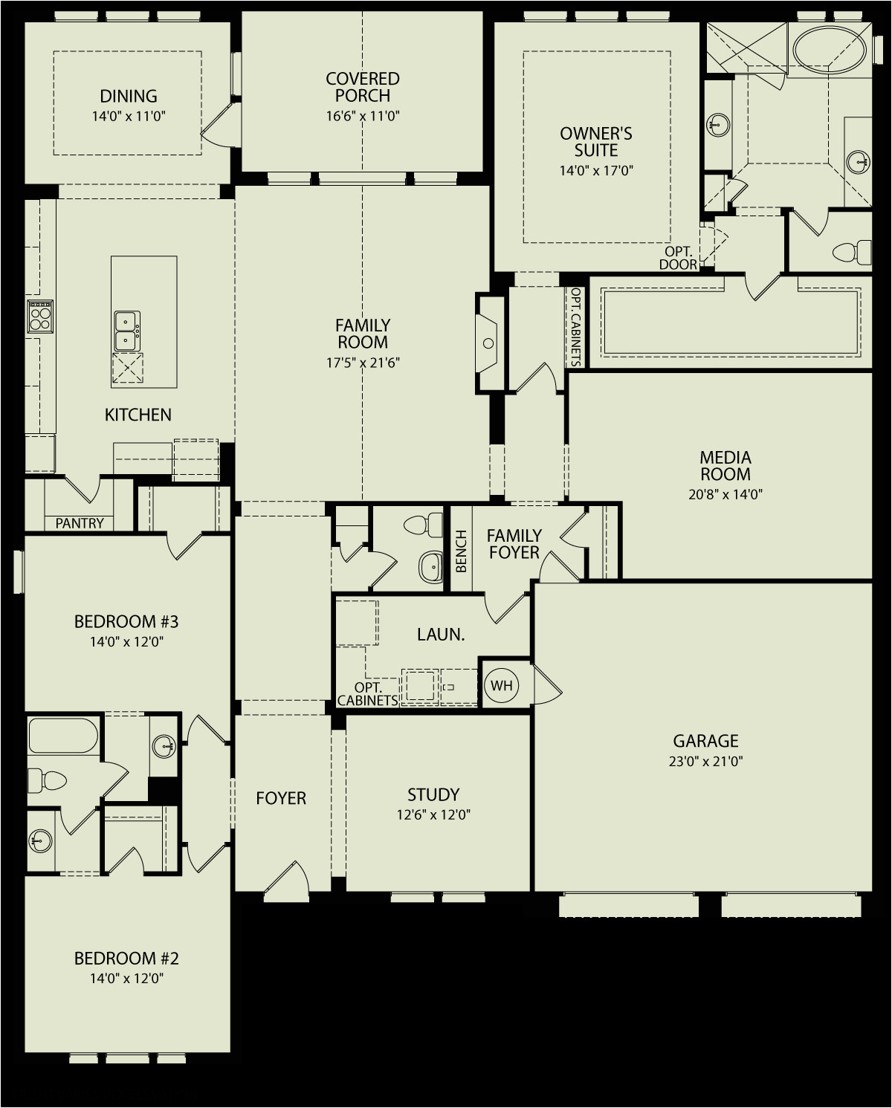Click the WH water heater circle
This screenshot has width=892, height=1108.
point(501,685)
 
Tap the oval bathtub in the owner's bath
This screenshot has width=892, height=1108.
point(829,50)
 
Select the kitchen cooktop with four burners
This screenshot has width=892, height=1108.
point(40,317)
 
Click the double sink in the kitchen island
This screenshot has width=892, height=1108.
point(126,331)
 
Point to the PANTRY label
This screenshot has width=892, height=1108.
point(80,523)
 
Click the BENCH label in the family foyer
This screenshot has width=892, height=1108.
point(461,551)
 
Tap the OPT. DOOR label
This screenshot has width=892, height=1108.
point(678,258)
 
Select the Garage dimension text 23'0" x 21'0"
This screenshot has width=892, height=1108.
point(705,761)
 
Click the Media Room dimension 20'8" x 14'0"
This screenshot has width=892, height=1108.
point(725,494)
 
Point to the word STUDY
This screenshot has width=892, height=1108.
point(433,794)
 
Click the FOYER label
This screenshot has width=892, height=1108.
point(281,798)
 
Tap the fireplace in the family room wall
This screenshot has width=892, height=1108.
point(487,343)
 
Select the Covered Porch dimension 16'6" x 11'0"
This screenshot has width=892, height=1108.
point(363,116)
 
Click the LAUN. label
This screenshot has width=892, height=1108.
point(441,635)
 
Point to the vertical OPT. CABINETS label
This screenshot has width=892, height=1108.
point(576,326)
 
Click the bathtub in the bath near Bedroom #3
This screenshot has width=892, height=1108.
point(63,735)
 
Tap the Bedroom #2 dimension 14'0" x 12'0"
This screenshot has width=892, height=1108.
point(126,978)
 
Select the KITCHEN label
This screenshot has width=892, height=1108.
point(138,415)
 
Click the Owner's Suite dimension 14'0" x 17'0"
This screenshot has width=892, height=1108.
point(596,170)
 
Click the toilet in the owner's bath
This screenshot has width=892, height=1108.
point(852,252)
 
